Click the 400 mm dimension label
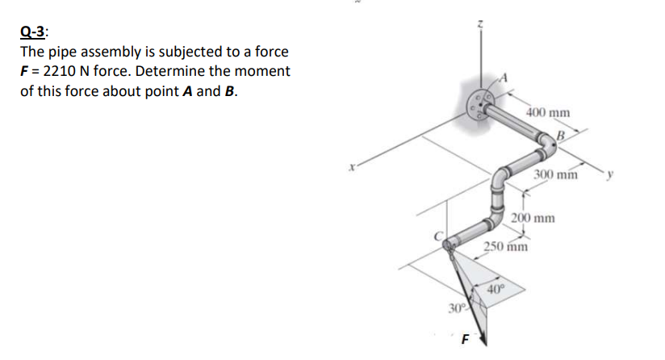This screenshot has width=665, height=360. click(x=547, y=113)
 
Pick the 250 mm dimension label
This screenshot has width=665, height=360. click(x=506, y=247)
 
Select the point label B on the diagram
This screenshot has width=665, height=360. click(x=559, y=134)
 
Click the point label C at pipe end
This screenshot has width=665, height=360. click(x=440, y=235)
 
